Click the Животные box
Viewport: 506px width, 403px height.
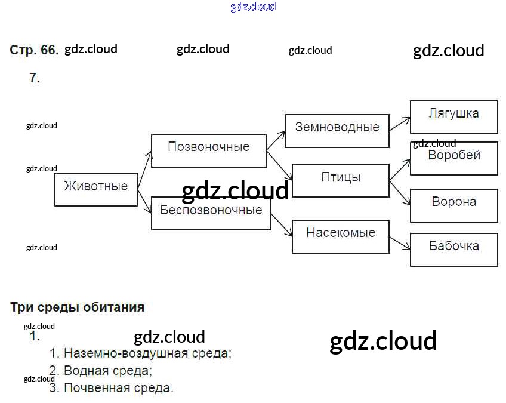[96, 189]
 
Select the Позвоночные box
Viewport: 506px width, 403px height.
[208, 150]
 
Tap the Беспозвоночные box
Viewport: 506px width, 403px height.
[211, 213]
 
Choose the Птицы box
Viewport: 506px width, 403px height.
[341, 180]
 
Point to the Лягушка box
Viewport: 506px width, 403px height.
[453, 116]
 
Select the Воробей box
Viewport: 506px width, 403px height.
[453, 158]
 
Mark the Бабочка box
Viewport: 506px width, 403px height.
[453, 250]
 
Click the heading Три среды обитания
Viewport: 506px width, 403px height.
[78, 307]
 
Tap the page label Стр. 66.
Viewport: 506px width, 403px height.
[34, 50]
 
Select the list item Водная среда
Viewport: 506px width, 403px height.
[107, 371]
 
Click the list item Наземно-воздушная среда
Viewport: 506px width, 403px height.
[147, 353]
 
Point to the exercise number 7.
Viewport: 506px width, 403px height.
[35, 78]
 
